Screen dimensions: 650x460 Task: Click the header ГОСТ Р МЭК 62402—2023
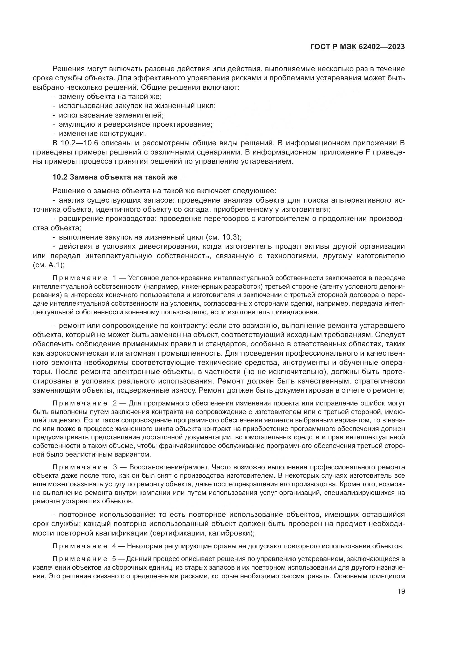(357, 47)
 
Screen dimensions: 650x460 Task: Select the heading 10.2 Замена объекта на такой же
(115, 177)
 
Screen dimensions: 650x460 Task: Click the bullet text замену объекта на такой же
(110, 96)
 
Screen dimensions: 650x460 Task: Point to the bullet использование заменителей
(111, 115)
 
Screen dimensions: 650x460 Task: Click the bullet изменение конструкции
(102, 133)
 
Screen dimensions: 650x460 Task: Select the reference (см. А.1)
(48, 265)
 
